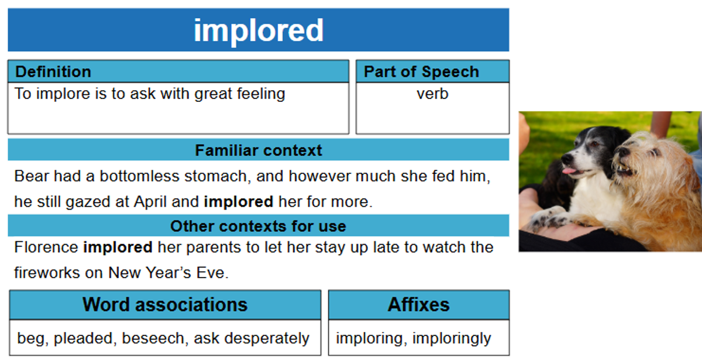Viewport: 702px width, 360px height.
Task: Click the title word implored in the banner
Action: tap(259, 30)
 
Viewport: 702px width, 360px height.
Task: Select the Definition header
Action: tap(53, 71)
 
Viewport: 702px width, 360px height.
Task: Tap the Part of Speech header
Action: tap(422, 72)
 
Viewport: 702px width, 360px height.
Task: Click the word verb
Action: tap(432, 94)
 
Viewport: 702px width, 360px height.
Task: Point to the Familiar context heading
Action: tap(259, 150)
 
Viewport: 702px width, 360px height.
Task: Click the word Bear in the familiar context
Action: tap(32, 176)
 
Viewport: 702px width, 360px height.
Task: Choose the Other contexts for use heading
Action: tap(258, 226)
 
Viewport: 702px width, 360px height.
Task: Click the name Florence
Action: tap(46, 247)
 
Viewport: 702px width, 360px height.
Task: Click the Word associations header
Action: tap(165, 304)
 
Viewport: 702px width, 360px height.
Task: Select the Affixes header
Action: tap(419, 304)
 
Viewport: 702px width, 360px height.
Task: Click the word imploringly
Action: tap(452, 339)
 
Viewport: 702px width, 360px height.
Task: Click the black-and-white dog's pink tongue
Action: tap(568, 171)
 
